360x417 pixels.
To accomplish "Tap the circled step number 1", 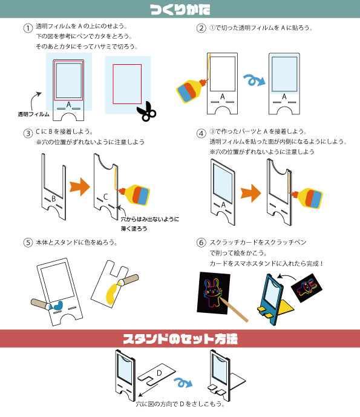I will point(27,28).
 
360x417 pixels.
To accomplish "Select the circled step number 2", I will point(201,28).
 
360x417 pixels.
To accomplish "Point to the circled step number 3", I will point(27,133).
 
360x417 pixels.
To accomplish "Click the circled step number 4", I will point(201,133).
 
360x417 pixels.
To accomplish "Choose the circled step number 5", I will point(27,243).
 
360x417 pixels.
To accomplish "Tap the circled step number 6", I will point(201,243).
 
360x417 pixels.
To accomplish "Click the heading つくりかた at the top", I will point(180,9).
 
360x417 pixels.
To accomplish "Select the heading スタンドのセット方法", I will point(180,339).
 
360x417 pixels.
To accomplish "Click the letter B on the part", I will point(53,198).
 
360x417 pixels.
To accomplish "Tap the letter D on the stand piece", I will point(159,373).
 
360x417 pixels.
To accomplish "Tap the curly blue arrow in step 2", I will point(252,79).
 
